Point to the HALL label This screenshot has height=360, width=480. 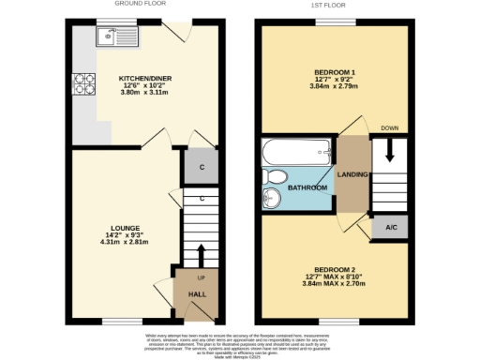coord(197,293)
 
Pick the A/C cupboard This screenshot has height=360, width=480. coord(389,228)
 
